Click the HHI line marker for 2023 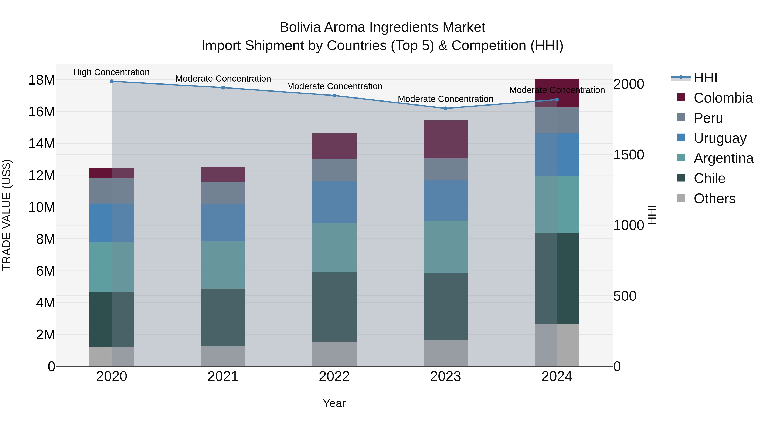click(445, 108)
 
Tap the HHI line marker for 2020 click(112, 81)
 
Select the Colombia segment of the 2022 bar click(334, 146)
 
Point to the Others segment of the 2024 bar click(557, 345)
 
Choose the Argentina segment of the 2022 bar click(334, 248)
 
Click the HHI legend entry click(705, 78)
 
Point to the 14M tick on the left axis click(42, 144)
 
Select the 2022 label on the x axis click(334, 376)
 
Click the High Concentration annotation click(111, 72)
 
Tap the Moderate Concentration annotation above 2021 click(223, 79)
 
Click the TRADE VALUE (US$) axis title click(7, 215)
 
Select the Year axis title click(334, 403)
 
